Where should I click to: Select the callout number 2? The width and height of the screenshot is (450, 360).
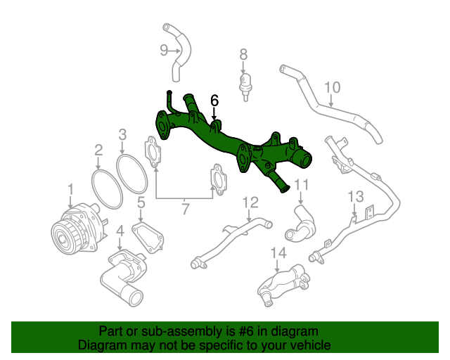pyautogui.click(x=98, y=149)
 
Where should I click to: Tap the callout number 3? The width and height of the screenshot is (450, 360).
pyautogui.click(x=122, y=134)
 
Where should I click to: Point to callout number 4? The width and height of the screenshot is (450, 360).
pyautogui.click(x=120, y=230)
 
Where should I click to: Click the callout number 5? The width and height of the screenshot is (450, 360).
pyautogui.click(x=141, y=203)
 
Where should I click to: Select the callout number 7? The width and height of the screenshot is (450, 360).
pyautogui.click(x=186, y=208)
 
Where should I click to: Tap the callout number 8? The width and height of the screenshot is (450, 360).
pyautogui.click(x=243, y=54)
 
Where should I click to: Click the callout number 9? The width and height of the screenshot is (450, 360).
pyautogui.click(x=164, y=50)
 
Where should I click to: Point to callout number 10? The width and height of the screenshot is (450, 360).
pyautogui.click(x=333, y=88)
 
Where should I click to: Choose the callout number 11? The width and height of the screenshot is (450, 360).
pyautogui.click(x=302, y=186)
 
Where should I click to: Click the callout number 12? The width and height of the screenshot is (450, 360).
pyautogui.click(x=251, y=203)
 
